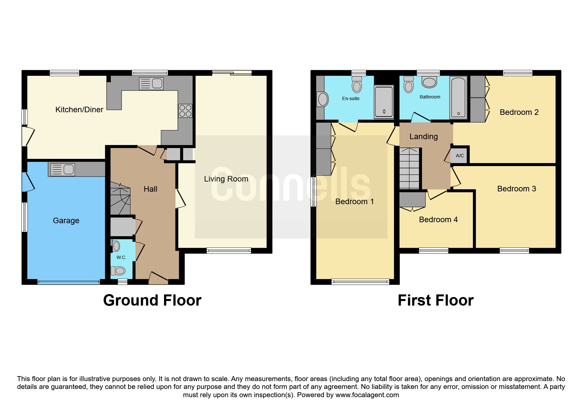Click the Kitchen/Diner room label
click(x=79, y=110)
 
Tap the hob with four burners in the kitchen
click(x=185, y=111)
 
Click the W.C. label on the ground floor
click(x=122, y=257)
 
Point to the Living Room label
click(x=226, y=179)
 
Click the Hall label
click(x=151, y=189)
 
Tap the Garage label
click(x=66, y=221)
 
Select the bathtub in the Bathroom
click(x=458, y=97)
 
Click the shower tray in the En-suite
click(x=384, y=101)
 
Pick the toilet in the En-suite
click(x=357, y=84)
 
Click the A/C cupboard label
click(x=460, y=156)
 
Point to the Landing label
click(x=424, y=137)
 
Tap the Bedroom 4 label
click(x=438, y=220)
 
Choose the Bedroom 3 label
click(x=517, y=189)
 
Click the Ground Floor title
click(x=152, y=300)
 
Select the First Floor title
click(x=436, y=300)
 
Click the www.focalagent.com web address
click(x=367, y=395)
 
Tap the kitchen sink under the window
click(x=151, y=83)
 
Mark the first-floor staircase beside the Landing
click(x=409, y=168)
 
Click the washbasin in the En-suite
click(x=323, y=99)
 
